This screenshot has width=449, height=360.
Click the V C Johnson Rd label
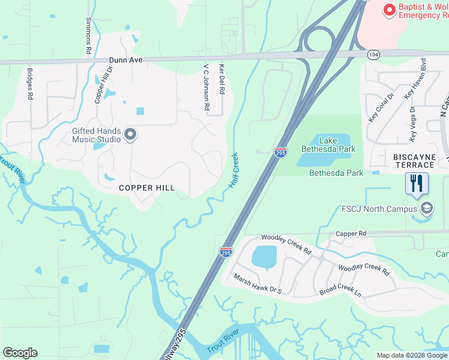206,87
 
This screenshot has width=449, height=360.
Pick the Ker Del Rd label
221,80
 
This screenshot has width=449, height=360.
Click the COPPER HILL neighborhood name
146,188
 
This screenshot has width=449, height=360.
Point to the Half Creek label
234,170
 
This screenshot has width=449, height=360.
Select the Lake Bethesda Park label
328,145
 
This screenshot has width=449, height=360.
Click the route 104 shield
373,54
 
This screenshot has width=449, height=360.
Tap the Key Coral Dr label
373,106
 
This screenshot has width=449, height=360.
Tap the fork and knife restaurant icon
417,182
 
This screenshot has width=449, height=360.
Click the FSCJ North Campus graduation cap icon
427,209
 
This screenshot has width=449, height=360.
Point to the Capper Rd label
351,233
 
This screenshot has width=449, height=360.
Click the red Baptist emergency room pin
390,10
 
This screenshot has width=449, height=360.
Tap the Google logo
20,353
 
